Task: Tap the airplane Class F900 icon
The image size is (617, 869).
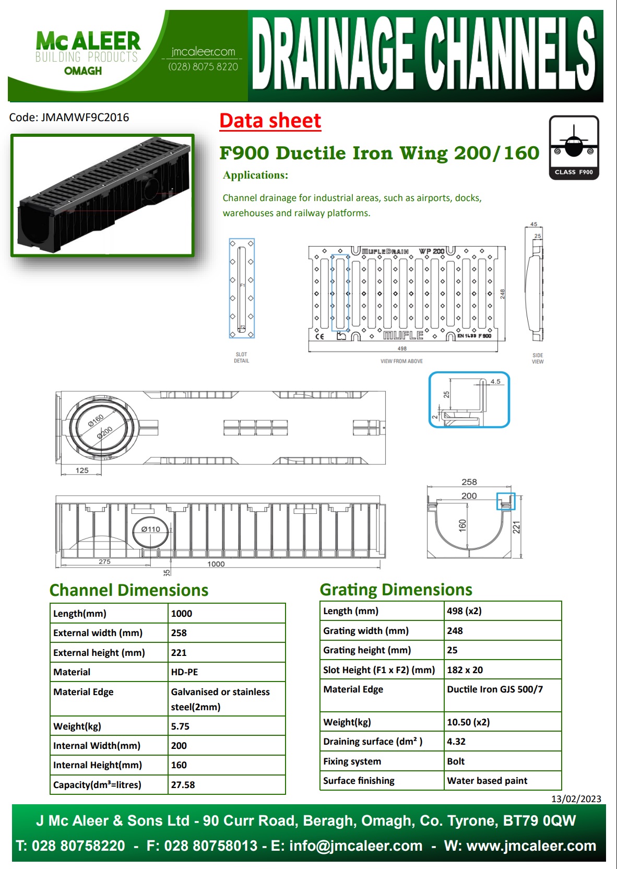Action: coord(574,147)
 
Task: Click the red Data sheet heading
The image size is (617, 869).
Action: coord(270,121)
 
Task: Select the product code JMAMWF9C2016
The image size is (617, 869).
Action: coord(85,118)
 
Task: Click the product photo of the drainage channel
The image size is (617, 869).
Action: coord(103,195)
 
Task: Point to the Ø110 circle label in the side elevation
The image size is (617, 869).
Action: coord(150,530)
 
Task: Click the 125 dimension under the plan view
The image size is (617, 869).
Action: coord(82,471)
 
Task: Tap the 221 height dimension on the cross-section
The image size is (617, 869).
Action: coord(516,527)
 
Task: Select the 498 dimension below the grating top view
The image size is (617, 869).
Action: coord(402,348)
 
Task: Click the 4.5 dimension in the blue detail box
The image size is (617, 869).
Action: coord(495,382)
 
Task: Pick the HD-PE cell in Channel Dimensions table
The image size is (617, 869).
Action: coord(185,672)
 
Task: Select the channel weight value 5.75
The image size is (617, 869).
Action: coord(180,726)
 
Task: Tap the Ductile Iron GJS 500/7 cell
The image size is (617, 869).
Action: coord(495,689)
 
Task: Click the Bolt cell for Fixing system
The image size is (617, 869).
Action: coord(456,761)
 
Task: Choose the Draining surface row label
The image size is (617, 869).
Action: coord(373,742)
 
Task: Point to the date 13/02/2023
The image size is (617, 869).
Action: coord(576,799)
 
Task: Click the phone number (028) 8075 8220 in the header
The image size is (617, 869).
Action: coord(203,67)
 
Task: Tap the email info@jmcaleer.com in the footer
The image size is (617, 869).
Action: coord(355,846)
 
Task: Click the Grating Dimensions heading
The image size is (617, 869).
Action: coord(396,590)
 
